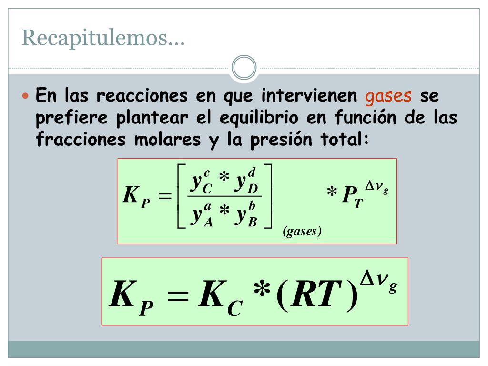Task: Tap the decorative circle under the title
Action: [x=244, y=68]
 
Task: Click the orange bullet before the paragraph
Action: [x=27, y=96]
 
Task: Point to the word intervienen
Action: [x=309, y=96]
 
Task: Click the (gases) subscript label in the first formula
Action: [x=302, y=232]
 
